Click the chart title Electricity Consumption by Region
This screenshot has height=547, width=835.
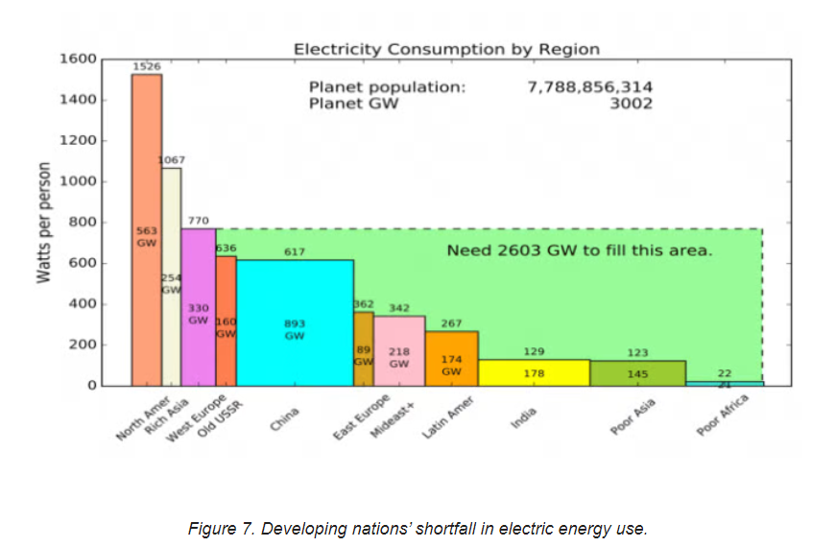[446, 49]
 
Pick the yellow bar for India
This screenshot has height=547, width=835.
[534, 373]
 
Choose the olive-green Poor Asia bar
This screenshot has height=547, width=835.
[637, 373]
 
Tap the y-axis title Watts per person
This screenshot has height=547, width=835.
[43, 223]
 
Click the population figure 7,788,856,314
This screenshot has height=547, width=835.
[589, 87]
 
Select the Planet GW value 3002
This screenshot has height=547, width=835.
[631, 104]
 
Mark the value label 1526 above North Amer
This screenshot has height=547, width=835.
[146, 67]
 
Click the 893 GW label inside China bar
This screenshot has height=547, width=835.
[295, 330]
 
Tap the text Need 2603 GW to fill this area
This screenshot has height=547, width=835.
[580, 251]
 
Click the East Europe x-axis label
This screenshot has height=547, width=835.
[362, 417]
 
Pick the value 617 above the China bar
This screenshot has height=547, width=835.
[295, 251]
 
